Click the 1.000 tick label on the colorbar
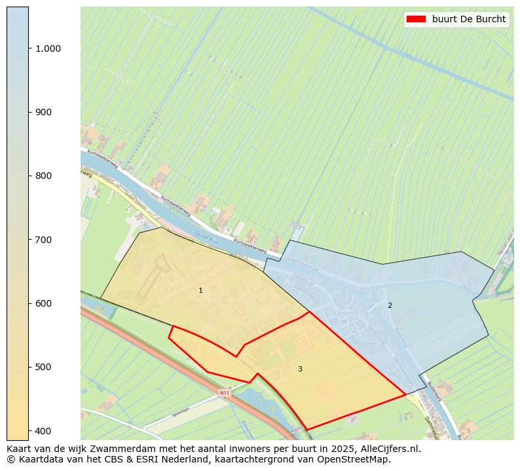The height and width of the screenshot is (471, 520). point(48,48)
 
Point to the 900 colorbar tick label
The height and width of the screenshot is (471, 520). point(43,112)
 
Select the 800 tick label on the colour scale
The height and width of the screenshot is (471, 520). point(43,176)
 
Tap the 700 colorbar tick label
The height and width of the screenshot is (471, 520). point(43,240)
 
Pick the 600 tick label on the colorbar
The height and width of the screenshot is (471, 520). point(43,303)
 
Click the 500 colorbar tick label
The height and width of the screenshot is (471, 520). point(43,367)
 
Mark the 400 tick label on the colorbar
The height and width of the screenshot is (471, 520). point(43,430)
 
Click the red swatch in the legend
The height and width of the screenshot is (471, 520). point(416,19)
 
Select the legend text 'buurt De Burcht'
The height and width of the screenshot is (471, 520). point(469,19)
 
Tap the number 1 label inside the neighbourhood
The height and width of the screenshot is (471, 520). point(200,290)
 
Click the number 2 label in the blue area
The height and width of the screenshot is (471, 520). point(390,305)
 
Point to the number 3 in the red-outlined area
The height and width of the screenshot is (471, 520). point(300,369)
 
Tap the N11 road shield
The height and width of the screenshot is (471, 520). point(225,393)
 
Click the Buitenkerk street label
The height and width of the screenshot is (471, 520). point(435,392)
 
